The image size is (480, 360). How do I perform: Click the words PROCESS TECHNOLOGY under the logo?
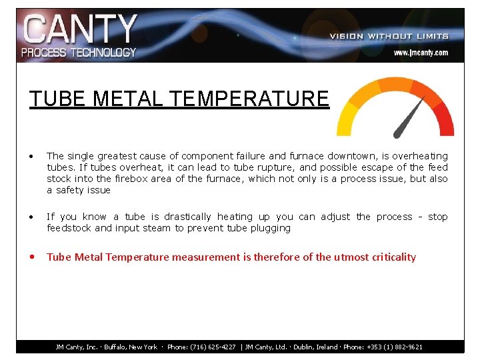click(x=79, y=52)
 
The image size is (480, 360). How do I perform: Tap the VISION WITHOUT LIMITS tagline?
click(x=389, y=36)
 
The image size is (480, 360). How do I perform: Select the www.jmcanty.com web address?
click(x=420, y=52)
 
